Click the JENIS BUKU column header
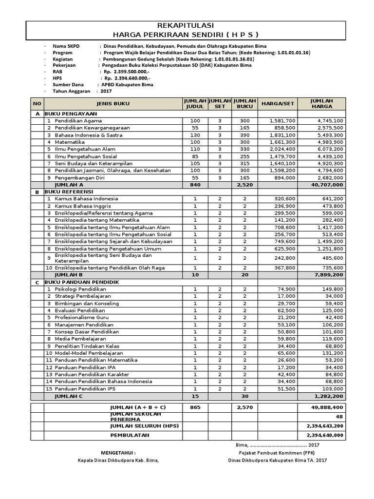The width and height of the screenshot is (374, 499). tap(113, 103)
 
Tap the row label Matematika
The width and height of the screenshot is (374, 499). tap(70, 142)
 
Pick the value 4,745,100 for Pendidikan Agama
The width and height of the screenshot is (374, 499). tap(330, 120)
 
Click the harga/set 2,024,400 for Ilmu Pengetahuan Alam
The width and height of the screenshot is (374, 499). tap(282, 149)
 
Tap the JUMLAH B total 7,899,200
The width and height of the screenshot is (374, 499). tap(329, 275)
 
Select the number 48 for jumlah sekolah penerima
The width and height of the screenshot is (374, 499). tap(340, 417)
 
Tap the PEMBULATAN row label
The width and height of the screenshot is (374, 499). tap(130, 435)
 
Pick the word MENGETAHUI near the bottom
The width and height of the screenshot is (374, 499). tap(114, 452)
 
